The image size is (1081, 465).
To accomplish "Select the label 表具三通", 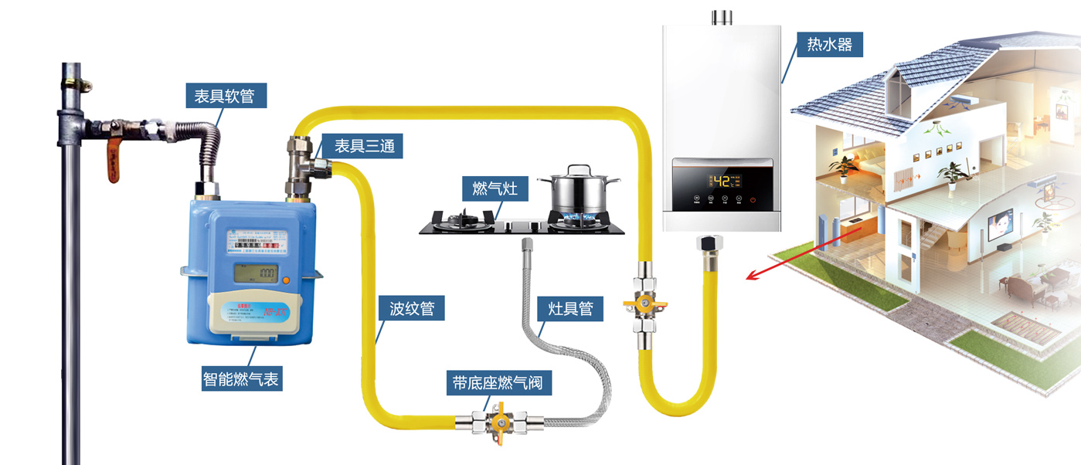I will click(x=368, y=145).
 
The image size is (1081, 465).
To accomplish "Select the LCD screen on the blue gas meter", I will click(x=257, y=273).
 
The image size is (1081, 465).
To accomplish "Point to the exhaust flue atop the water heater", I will click(x=722, y=16).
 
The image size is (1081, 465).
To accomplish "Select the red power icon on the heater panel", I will click(x=753, y=200).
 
